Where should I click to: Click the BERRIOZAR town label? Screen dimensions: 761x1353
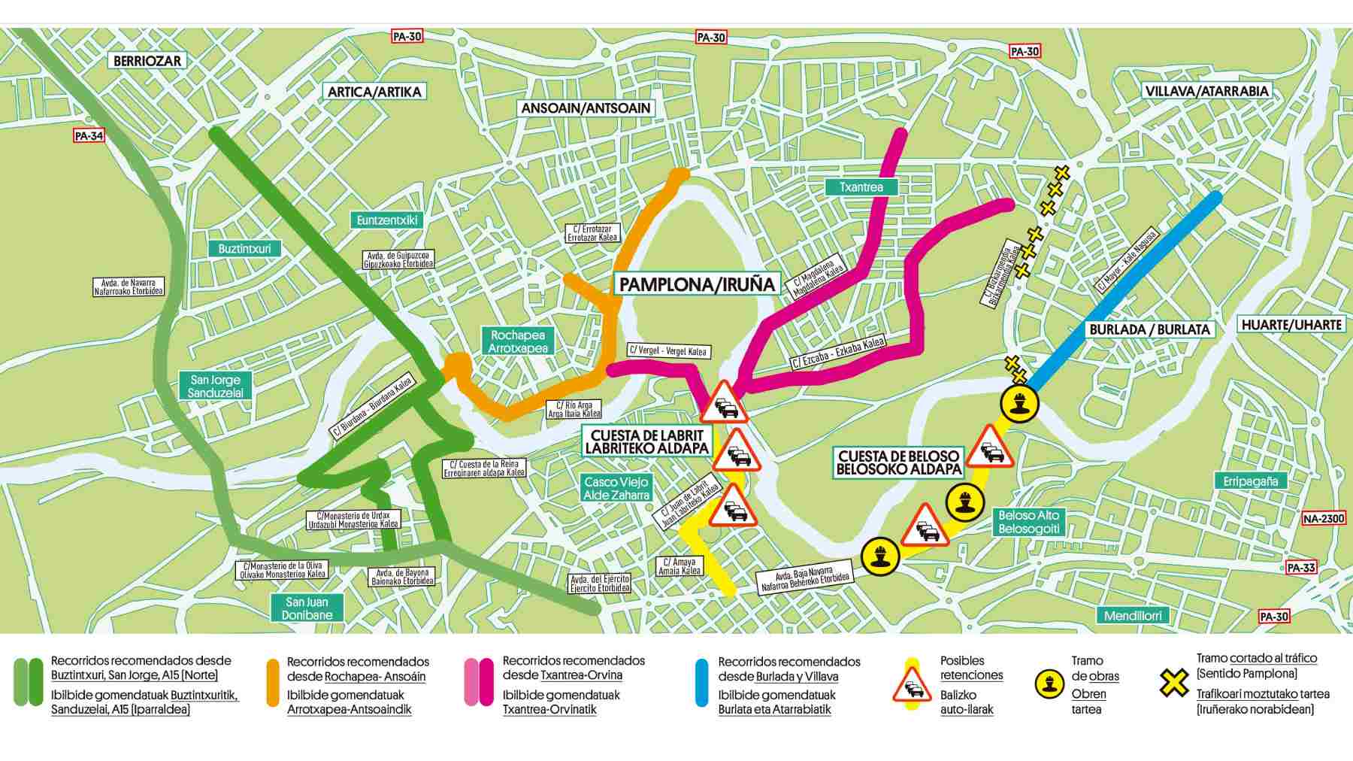coord(147,61)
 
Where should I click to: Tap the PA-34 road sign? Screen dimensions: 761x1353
coord(89,136)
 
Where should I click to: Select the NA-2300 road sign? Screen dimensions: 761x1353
coord(1323,518)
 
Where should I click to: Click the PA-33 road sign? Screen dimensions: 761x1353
coord(1300,568)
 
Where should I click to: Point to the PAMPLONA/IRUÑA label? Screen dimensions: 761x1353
coord(697,284)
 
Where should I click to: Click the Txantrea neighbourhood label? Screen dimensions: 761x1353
coord(861,186)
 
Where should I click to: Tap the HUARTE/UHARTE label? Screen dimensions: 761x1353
coord(1291,325)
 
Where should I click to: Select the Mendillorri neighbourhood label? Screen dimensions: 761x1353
coord(1133,616)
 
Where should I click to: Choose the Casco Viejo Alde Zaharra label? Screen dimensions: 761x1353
coord(616,489)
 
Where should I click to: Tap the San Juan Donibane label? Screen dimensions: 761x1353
coord(307,608)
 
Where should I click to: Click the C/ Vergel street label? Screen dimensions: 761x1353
coord(668,351)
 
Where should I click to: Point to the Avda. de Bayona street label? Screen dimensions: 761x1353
coord(402,577)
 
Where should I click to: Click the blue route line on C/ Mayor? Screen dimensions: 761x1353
coord(1127,286)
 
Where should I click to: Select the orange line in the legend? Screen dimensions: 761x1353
coord(273,684)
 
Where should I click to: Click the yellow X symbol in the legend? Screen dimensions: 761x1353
coord(1173,683)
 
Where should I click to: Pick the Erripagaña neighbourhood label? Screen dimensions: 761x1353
coord(1250,481)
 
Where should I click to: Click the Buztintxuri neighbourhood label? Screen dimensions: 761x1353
coord(245,249)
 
